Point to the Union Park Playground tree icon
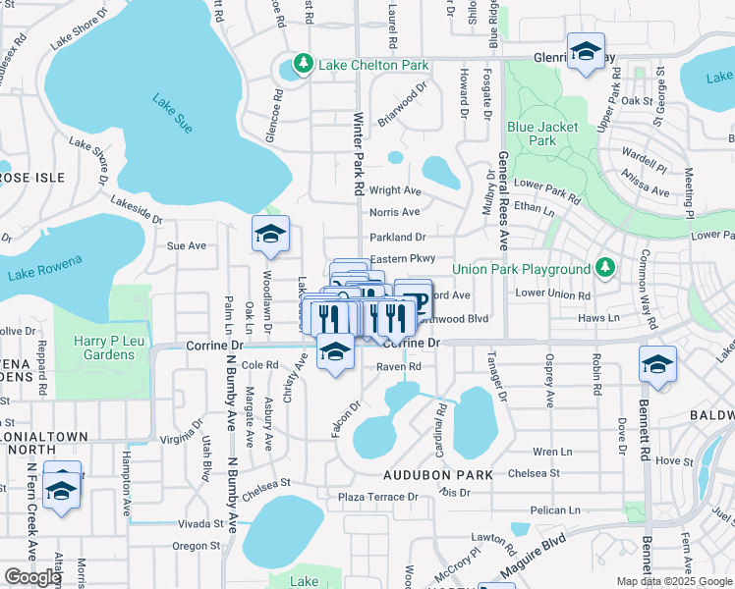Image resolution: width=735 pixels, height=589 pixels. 605,268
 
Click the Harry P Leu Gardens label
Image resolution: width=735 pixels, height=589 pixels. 103,348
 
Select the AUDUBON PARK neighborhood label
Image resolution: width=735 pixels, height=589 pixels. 438,475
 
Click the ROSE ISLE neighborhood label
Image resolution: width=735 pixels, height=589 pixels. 32,177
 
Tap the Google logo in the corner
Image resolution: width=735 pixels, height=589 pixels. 33,577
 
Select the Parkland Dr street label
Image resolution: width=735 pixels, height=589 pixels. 397,237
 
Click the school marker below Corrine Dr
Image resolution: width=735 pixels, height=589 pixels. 336,353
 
